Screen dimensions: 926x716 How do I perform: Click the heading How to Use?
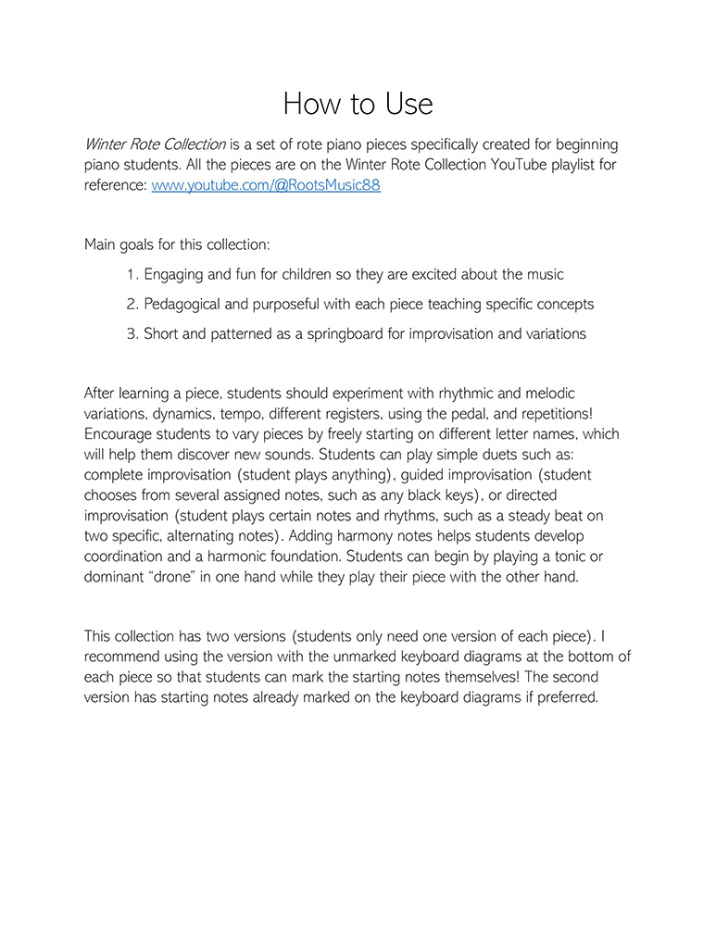point(358,103)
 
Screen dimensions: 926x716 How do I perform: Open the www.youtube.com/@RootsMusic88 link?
point(266,185)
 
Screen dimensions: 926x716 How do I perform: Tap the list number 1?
point(132,275)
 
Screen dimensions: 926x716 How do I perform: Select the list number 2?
point(132,305)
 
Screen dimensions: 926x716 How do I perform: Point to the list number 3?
point(132,334)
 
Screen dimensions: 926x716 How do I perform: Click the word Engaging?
point(177,275)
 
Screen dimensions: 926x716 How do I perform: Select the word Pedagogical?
point(190,305)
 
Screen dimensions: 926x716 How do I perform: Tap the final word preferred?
point(562,697)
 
